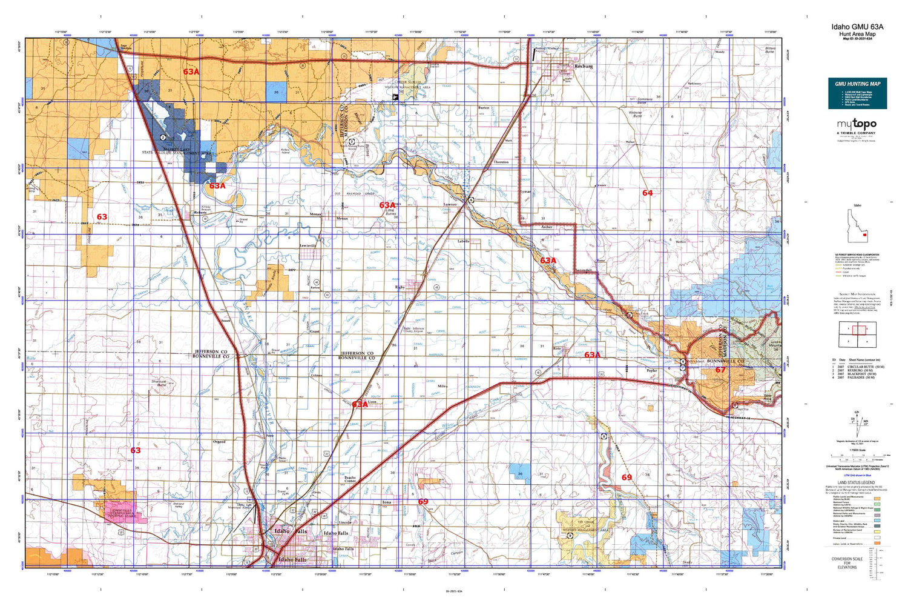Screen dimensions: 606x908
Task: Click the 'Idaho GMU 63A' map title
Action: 857,27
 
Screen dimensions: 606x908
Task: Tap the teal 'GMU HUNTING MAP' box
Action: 857,93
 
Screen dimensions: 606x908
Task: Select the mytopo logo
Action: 857,125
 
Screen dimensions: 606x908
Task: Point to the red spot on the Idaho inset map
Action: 864,235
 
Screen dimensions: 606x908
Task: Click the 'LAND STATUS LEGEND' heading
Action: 856,483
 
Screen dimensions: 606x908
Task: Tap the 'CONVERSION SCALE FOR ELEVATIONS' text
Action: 847,563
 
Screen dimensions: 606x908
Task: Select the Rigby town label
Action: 400,287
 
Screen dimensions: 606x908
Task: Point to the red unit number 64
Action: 647,193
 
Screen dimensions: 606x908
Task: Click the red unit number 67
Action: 720,370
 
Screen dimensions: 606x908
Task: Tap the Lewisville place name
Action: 308,245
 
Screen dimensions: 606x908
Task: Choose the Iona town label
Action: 387,502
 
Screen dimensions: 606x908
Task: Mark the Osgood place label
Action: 219,442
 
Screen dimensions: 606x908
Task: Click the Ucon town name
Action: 372,401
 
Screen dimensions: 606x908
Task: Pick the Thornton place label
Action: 501,162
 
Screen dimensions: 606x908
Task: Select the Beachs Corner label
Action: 350,479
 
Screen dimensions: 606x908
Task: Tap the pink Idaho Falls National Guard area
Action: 124,512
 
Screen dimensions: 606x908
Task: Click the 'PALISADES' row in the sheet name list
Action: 857,378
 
